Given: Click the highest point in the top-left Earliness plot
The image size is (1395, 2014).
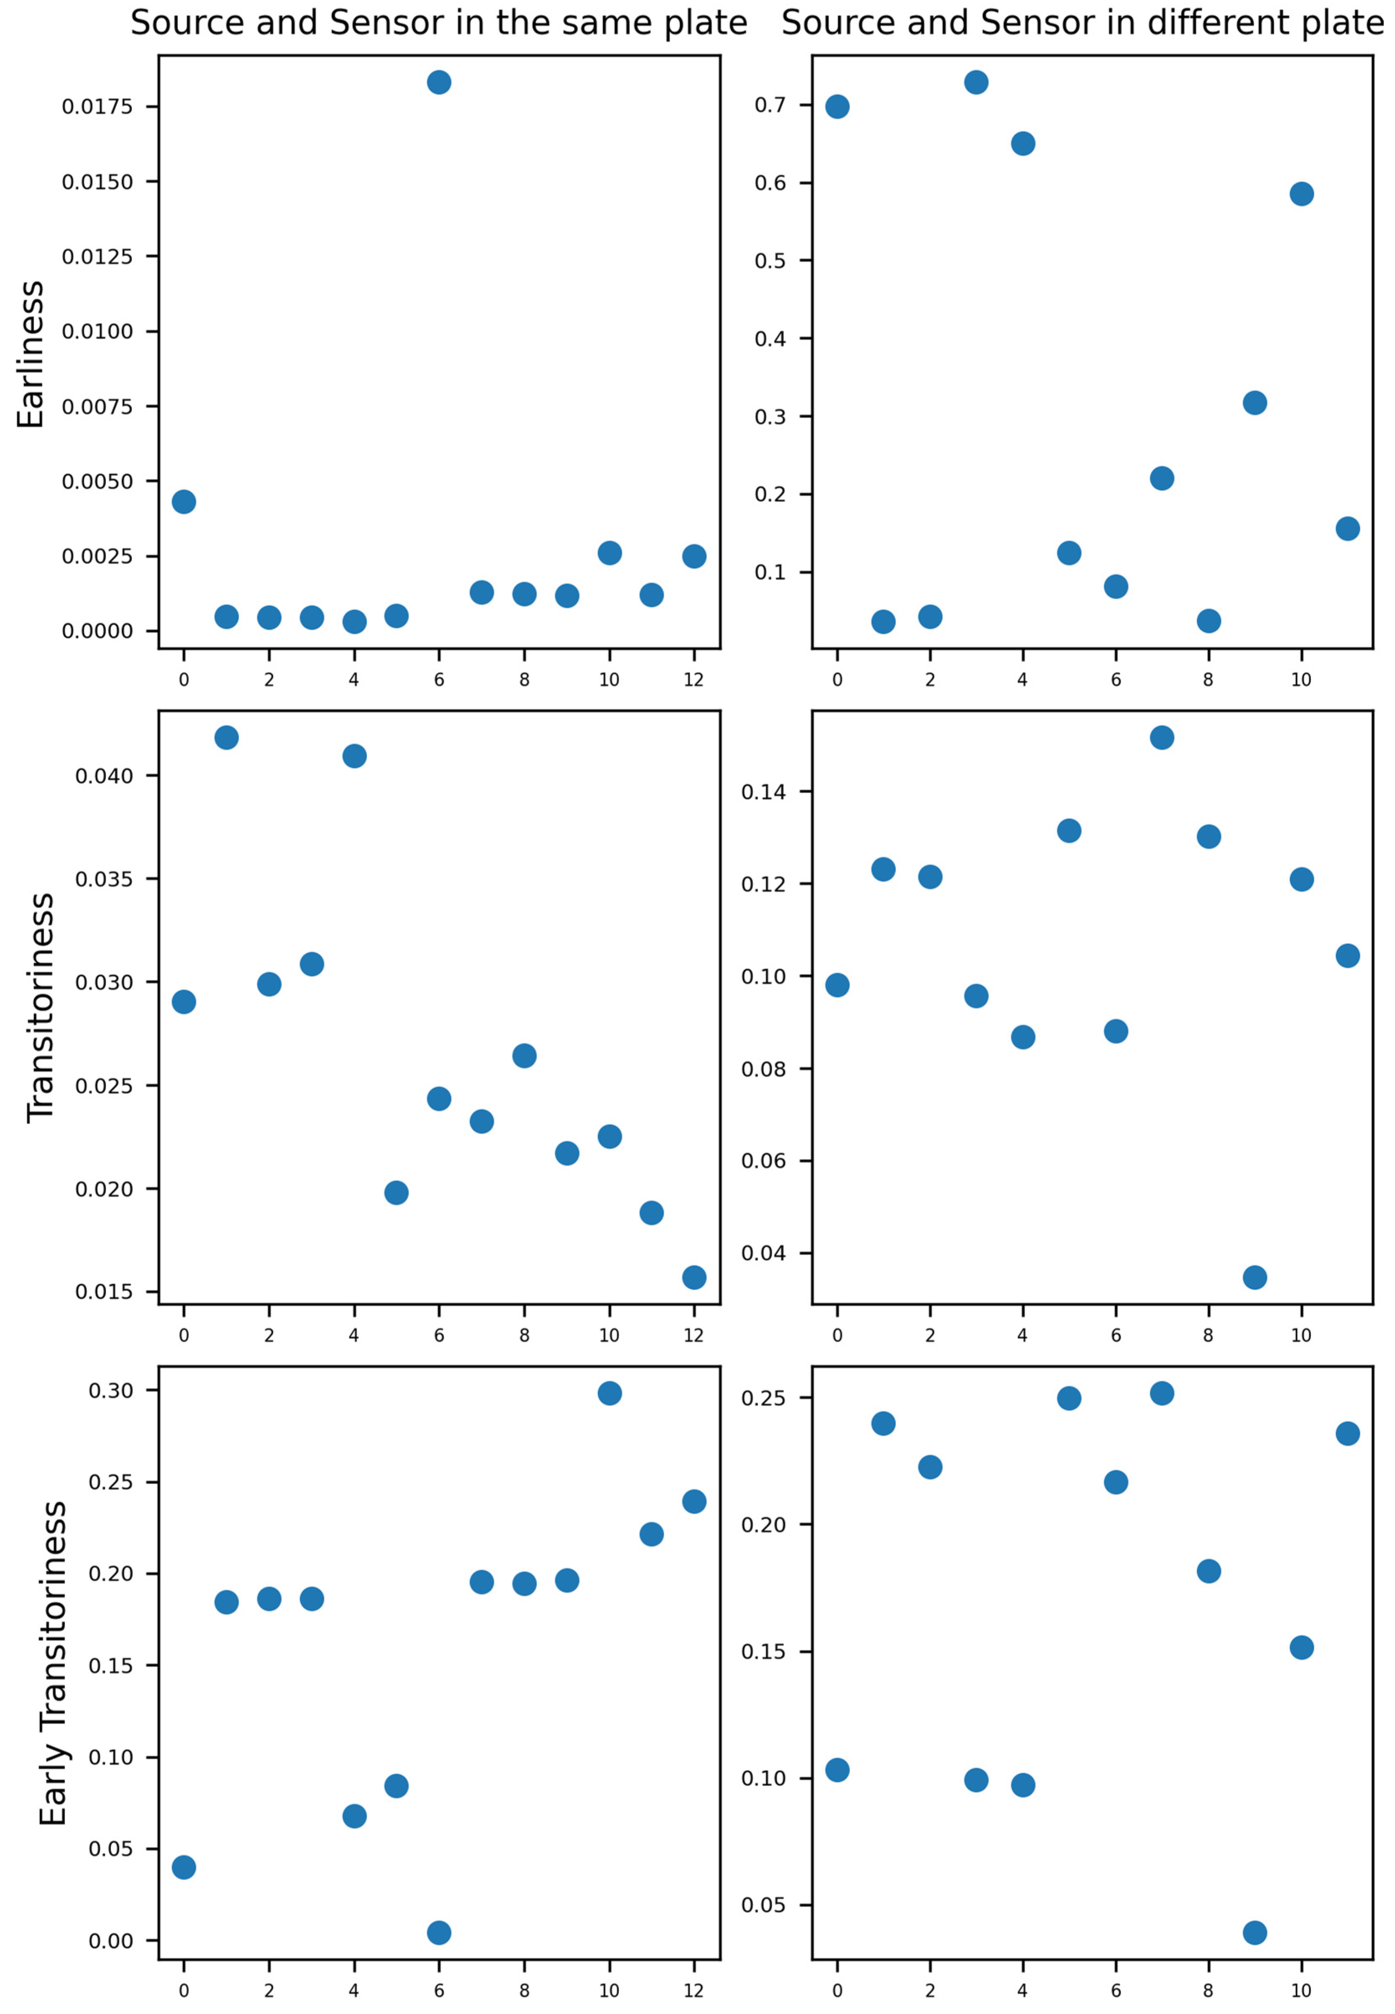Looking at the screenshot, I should (x=439, y=82).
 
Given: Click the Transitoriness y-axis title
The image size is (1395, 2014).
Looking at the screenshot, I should (x=40, y=1007).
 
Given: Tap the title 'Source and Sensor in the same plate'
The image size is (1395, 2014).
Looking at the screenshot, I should (x=439, y=23).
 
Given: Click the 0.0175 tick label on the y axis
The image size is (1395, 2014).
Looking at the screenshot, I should (x=97, y=107).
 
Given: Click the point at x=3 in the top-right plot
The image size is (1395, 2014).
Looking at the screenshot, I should (x=976, y=82).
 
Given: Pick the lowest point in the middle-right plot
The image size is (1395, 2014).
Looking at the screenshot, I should (x=1254, y=1277).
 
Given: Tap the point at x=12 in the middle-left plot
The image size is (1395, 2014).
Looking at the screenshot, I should (x=694, y=1277).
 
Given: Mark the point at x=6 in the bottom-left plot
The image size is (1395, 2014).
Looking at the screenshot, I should (x=439, y=1932).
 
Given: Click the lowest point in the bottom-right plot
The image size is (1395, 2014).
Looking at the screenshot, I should (x=1254, y=1932).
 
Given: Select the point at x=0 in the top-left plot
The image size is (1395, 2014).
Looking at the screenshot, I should (x=184, y=502).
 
